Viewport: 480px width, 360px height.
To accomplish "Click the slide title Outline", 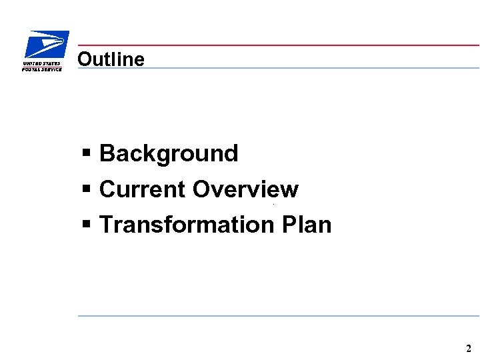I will [x=111, y=59].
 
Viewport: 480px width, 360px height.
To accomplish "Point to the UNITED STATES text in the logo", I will [x=41, y=64].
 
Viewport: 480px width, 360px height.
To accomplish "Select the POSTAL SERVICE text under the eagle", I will [x=42, y=69].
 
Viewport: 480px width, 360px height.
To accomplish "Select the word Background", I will [x=168, y=154].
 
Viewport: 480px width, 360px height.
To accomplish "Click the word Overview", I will [x=245, y=189].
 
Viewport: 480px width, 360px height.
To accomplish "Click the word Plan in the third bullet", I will [x=306, y=225].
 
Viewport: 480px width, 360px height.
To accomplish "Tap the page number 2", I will [x=468, y=349].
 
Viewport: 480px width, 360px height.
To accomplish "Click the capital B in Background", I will [x=107, y=154].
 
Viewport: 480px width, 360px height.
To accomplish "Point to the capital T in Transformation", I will [x=106, y=225].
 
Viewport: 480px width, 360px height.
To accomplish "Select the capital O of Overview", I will [x=201, y=189].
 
